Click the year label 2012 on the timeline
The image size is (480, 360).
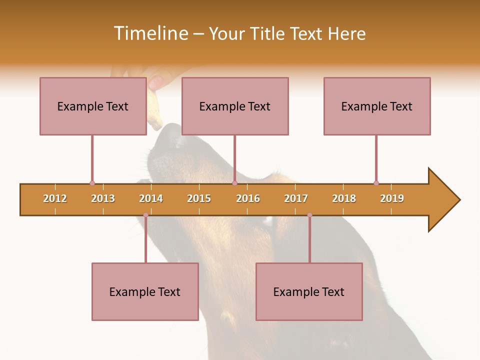(55, 198)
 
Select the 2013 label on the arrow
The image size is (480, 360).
(103, 198)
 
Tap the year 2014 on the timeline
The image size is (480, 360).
(151, 198)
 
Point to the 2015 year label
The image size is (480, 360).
(199, 198)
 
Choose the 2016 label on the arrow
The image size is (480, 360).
(248, 198)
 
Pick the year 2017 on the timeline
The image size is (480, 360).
(296, 198)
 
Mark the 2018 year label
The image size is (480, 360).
(344, 198)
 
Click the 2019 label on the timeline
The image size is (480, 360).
(392, 198)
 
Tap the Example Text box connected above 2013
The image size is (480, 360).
(93, 106)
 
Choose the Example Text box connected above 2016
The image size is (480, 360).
(235, 106)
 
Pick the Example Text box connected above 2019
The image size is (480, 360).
(377, 106)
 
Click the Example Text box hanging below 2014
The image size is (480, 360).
(145, 291)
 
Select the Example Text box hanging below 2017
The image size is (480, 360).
(309, 291)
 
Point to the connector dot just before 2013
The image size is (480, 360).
(92, 183)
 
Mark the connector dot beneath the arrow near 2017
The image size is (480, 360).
(309, 215)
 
